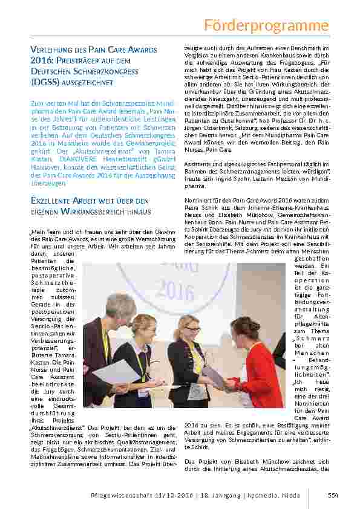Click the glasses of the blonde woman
[x=192, y=329]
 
